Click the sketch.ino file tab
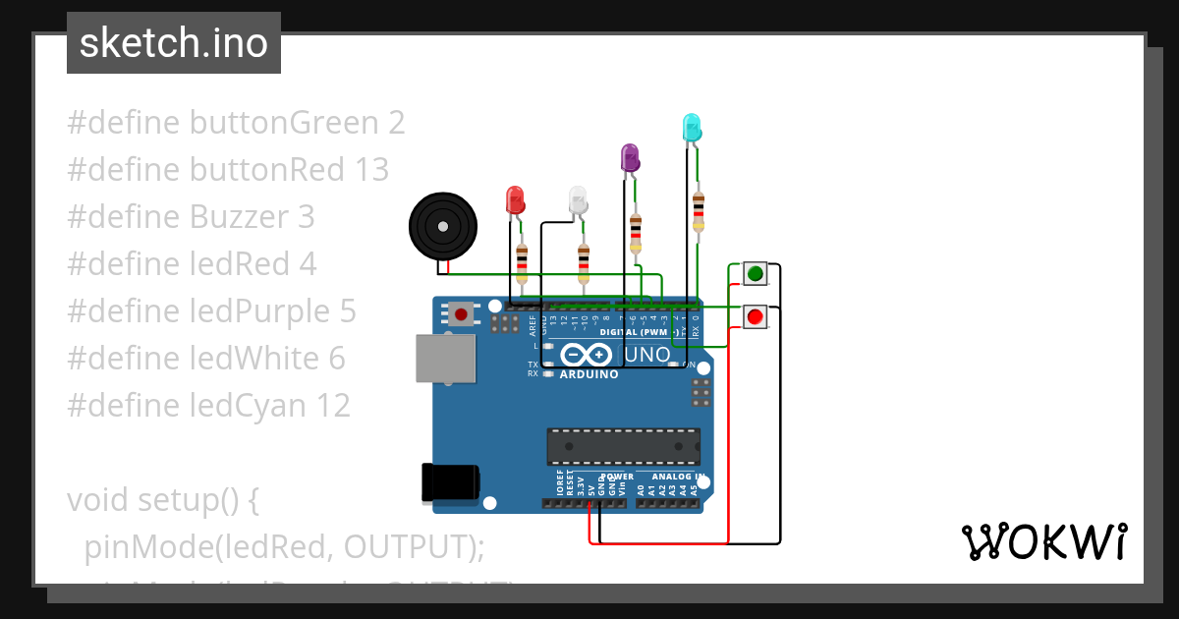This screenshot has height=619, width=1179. pyautogui.click(x=174, y=43)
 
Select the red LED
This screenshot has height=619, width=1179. pyautogui.click(x=516, y=200)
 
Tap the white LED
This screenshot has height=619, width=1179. pyautogui.click(x=579, y=200)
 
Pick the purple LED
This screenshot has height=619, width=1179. pyautogui.click(x=630, y=157)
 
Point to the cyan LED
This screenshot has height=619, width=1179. pyautogui.click(x=692, y=127)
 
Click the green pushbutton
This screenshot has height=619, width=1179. pyautogui.click(x=755, y=273)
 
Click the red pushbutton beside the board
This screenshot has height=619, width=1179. pyautogui.click(x=755, y=316)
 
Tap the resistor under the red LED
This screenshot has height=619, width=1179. pyautogui.click(x=522, y=263)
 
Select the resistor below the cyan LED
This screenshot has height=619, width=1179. pyautogui.click(x=699, y=211)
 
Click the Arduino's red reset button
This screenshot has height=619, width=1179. pyautogui.click(x=461, y=315)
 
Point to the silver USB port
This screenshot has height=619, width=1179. pyautogui.click(x=445, y=358)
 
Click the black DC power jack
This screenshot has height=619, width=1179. pyautogui.click(x=450, y=482)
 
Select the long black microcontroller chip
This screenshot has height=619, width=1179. pyautogui.click(x=624, y=446)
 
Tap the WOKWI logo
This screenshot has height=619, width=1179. pyautogui.click(x=1043, y=541)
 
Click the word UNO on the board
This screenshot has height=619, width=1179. pyautogui.click(x=648, y=354)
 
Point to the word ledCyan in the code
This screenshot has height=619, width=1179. pyautogui.click(x=249, y=406)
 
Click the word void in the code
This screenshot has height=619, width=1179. pyautogui.click(x=98, y=500)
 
